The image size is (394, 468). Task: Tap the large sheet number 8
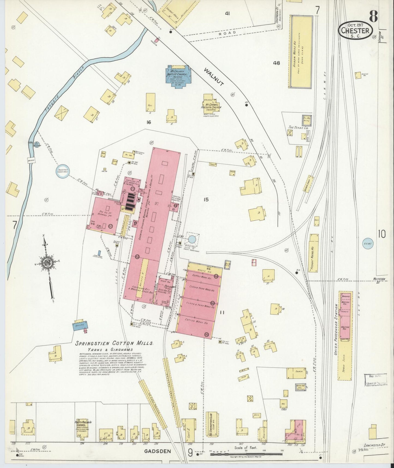click(x=374, y=17)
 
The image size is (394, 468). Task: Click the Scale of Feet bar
click(x=245, y=454)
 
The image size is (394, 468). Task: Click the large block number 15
click(x=206, y=200)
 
